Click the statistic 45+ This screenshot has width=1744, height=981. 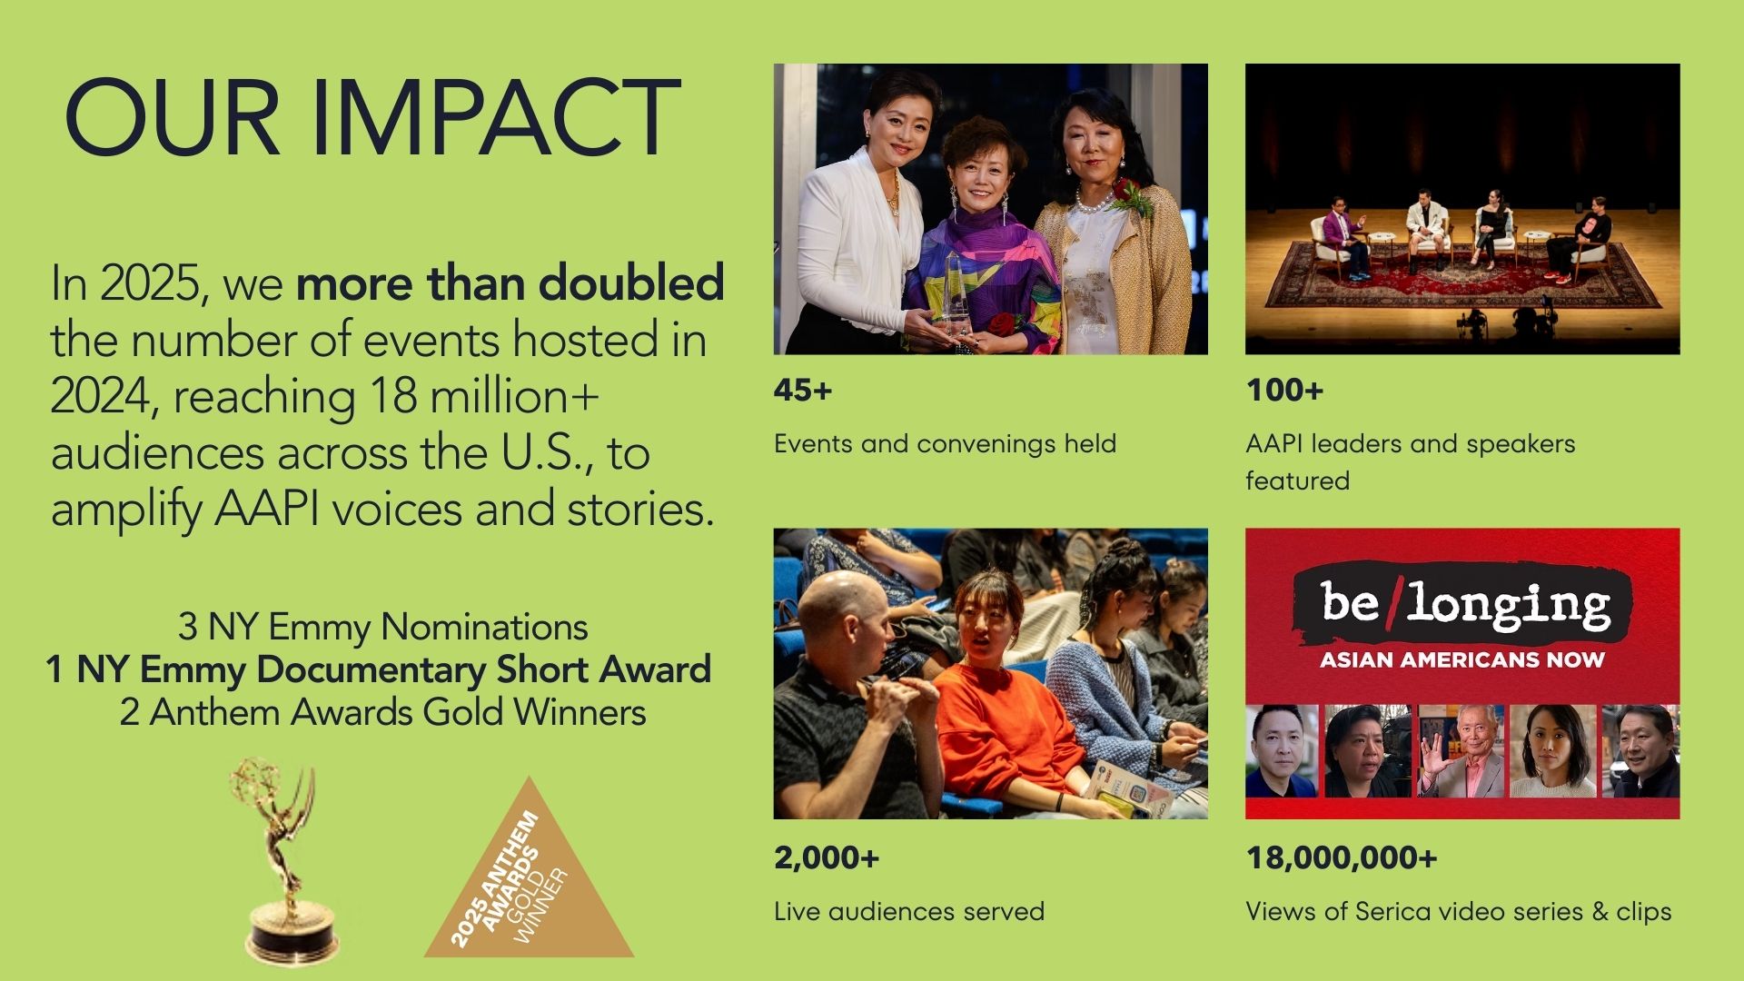click(803, 391)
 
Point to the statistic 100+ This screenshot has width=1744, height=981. click(1284, 391)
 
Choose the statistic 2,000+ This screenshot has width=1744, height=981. click(827, 858)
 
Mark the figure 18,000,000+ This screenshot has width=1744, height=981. click(1342, 858)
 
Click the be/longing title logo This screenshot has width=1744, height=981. click(1462, 603)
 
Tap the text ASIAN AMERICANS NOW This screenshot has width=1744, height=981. click(1462, 660)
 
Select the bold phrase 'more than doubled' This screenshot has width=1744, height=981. click(510, 283)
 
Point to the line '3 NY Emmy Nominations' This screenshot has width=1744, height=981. click(383, 627)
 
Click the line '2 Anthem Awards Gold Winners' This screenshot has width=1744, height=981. click(383, 712)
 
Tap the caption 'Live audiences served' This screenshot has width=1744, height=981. click(909, 911)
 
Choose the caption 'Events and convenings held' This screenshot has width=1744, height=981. click(945, 444)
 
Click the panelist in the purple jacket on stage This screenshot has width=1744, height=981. click(1338, 236)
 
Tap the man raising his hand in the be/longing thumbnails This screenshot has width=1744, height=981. click(1462, 751)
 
